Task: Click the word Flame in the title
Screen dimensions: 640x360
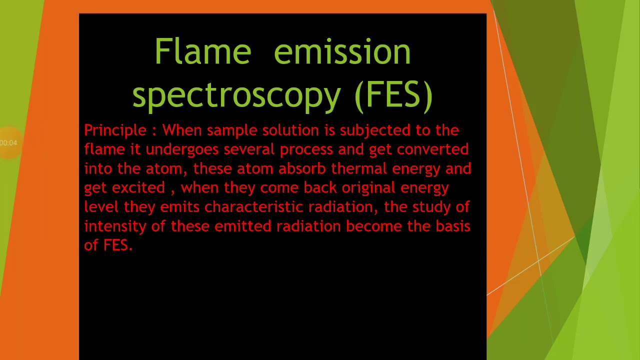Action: (x=203, y=51)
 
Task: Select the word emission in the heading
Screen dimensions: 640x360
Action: (x=342, y=51)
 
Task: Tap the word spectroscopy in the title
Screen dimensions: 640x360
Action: (x=236, y=95)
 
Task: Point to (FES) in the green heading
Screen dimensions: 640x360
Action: (x=393, y=95)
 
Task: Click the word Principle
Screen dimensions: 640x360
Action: (x=115, y=131)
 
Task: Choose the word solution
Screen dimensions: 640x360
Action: (x=290, y=130)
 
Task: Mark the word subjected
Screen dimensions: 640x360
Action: (x=375, y=131)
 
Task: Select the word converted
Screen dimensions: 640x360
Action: (x=432, y=149)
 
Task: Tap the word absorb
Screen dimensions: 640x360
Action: (x=302, y=168)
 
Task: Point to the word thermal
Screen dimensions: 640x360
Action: (x=359, y=168)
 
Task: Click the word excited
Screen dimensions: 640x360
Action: (x=138, y=187)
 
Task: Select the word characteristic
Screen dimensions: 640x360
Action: (x=253, y=207)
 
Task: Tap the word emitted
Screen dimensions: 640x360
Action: (x=243, y=226)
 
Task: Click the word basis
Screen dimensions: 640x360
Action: (x=453, y=226)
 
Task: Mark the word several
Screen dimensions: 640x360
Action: (x=249, y=149)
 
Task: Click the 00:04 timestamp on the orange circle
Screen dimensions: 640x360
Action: (x=8, y=143)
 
